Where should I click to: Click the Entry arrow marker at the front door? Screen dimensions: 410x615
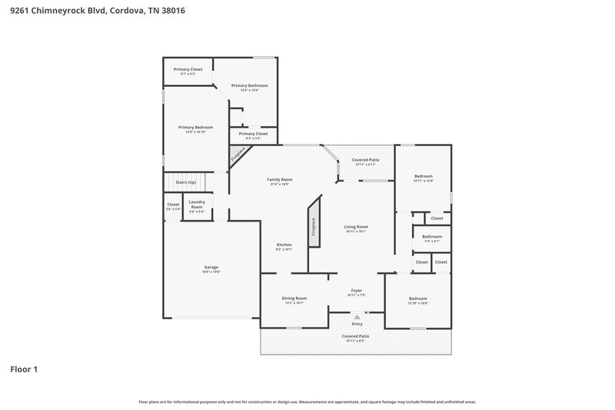(357, 316)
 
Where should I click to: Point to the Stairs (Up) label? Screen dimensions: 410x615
(186, 182)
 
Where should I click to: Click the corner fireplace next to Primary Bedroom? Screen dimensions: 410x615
(238, 154)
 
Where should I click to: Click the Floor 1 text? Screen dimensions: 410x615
(24, 369)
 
